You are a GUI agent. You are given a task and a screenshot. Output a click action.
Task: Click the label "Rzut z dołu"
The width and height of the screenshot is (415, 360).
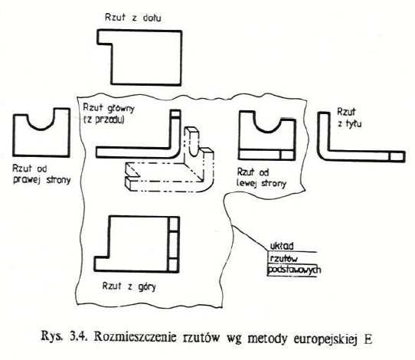[x=133, y=18]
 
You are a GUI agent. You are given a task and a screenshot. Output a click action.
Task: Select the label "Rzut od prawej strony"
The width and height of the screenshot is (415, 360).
[x=41, y=174]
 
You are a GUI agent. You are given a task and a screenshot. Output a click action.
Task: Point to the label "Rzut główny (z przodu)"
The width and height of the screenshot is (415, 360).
[x=109, y=114]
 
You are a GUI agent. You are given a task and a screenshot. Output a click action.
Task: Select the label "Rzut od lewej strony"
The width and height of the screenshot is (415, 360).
[x=262, y=178]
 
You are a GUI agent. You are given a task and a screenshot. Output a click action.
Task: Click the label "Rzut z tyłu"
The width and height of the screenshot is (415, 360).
[x=349, y=117]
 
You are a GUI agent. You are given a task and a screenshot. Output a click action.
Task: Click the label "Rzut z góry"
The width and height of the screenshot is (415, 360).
[x=129, y=286]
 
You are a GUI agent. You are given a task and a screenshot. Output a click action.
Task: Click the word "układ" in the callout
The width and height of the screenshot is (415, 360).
[x=282, y=246]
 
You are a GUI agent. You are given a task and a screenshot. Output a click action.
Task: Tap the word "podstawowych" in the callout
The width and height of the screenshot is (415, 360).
[x=294, y=270]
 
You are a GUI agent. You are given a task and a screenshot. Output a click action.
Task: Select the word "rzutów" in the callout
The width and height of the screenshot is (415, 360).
[x=283, y=258]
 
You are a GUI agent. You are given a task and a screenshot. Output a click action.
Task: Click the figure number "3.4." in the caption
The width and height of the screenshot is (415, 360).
[x=78, y=337]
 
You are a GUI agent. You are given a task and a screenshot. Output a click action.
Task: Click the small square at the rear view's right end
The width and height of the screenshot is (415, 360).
[x=397, y=156]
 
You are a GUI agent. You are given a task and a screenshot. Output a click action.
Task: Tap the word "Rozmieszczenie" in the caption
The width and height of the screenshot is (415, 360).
[x=135, y=338]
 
